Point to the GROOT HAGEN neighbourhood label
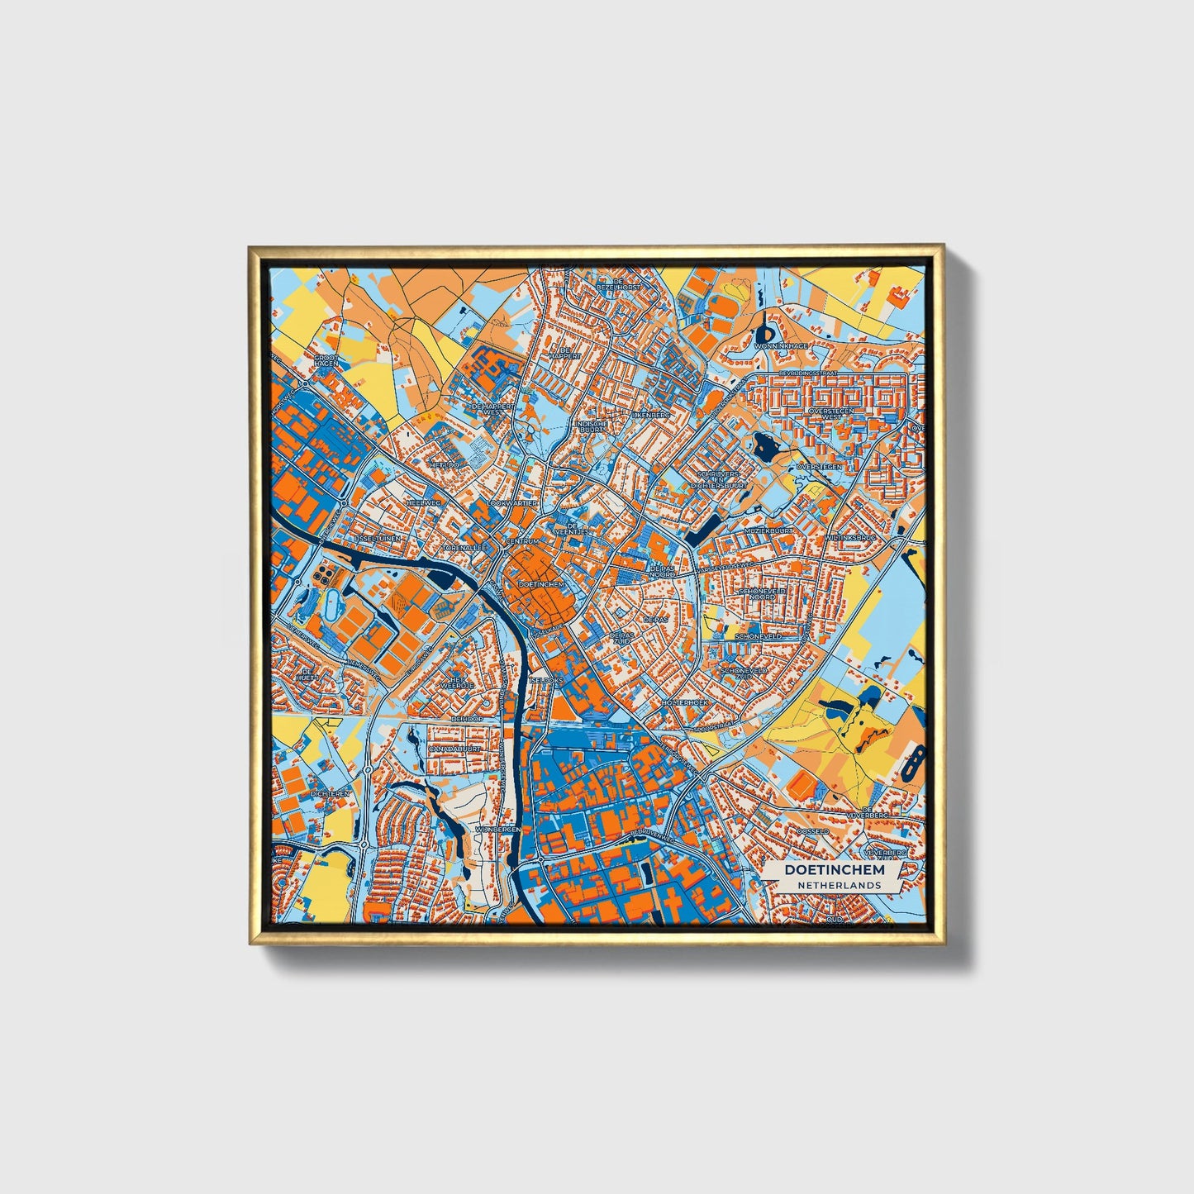[x=326, y=362]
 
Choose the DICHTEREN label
[x=330, y=793]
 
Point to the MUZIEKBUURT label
[x=768, y=530]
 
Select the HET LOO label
[x=443, y=465]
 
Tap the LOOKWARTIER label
[x=513, y=502]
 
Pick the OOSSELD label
[x=812, y=830]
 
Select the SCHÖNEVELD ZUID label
[x=744, y=673]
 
